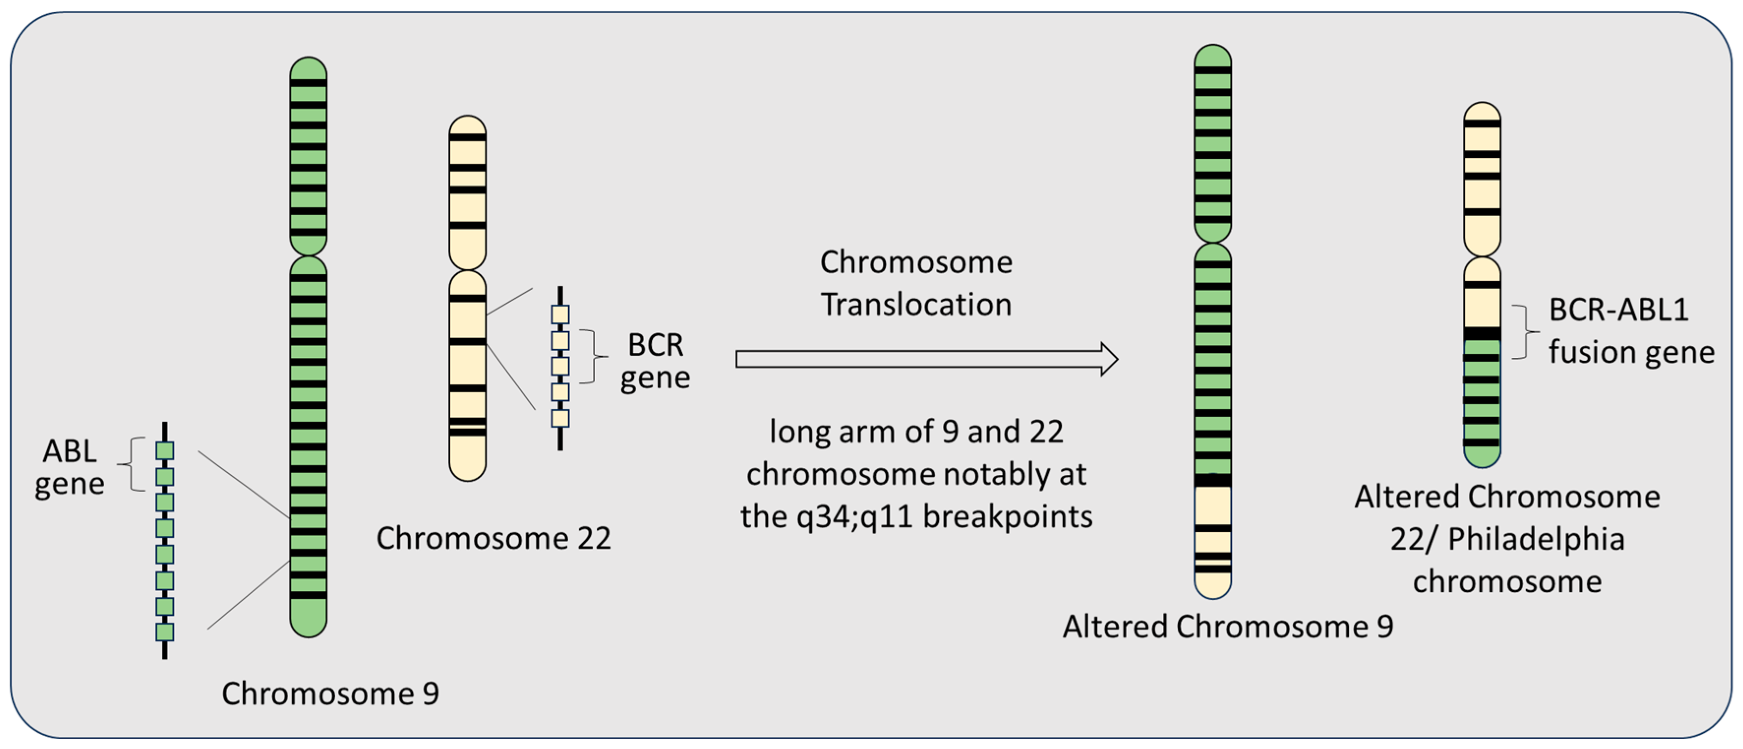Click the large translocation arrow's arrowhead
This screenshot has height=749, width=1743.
pos(1108,359)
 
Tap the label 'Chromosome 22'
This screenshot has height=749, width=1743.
pos(494,539)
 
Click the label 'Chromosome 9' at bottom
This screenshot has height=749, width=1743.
pos(330,693)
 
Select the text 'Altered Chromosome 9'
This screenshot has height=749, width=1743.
pos(1227,627)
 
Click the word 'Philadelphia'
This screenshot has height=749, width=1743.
pos(1536,539)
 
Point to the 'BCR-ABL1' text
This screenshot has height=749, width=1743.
pos(1619,310)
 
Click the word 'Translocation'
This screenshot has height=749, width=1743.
pos(916,305)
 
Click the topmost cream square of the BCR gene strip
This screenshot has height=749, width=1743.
pos(560,315)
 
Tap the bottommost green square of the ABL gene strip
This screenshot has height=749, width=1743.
pos(165,632)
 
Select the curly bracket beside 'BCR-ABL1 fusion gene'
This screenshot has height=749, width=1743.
pos(1525,332)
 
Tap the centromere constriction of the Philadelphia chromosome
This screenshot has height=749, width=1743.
pos(1482,257)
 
